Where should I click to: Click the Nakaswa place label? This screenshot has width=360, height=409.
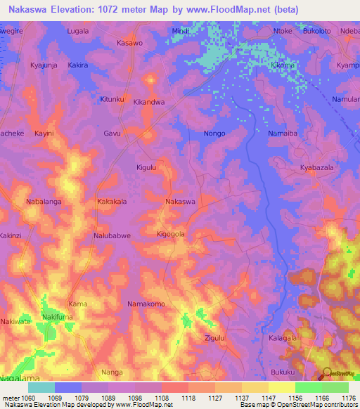180,202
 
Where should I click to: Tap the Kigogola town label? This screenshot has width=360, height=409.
171,233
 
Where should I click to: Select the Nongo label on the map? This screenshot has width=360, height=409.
214,133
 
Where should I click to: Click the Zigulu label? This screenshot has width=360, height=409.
214,338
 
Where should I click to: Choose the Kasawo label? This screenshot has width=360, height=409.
130,43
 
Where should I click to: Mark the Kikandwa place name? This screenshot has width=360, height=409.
149,102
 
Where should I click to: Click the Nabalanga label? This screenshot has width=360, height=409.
44,202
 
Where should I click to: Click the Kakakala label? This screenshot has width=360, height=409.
112,202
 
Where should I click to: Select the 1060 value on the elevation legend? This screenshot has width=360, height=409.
27,397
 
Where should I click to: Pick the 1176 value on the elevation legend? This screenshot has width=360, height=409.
348,397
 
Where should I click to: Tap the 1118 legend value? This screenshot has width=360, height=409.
188,397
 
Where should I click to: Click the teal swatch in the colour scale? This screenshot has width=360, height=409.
41,387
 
